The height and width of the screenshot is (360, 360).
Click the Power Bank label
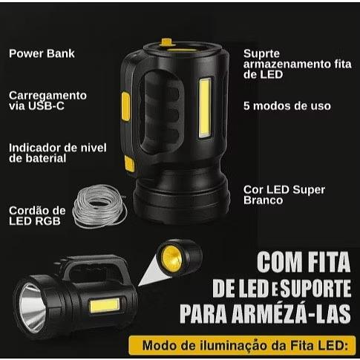(x=42, y=53)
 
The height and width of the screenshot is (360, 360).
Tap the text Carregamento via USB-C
(x=48, y=101)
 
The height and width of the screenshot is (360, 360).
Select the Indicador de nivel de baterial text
(x=58, y=153)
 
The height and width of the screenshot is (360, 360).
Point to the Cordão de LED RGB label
(x=37, y=216)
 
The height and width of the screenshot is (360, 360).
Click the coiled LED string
(x=99, y=206)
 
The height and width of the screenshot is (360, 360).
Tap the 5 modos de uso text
(x=287, y=106)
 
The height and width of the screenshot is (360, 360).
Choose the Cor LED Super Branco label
(x=284, y=195)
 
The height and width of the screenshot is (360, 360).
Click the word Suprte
(x=261, y=54)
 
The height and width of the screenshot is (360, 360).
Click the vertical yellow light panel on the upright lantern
(x=205, y=108)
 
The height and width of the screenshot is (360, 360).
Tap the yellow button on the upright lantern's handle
(x=125, y=106)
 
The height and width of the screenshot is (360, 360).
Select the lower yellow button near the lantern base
(x=129, y=164)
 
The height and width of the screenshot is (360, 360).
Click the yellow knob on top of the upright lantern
(x=167, y=42)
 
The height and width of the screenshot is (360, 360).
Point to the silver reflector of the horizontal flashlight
(x=32, y=307)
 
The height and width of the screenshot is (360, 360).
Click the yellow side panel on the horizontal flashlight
(x=105, y=306)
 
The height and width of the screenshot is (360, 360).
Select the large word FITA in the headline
(x=327, y=262)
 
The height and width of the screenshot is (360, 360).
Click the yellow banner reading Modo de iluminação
(x=242, y=345)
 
